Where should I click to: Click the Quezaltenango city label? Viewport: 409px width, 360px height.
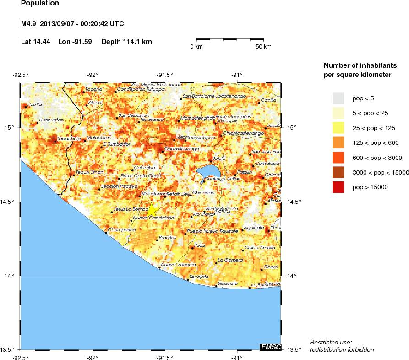coord(181,149)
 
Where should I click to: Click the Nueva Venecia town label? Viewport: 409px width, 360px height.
coord(178,265)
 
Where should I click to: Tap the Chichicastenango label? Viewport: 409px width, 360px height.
coord(243,133)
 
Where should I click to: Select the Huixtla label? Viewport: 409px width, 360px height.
coord(35,104)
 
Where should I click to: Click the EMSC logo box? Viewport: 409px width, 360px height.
coord(270,347)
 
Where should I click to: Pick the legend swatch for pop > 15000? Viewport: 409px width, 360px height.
coord(338,187)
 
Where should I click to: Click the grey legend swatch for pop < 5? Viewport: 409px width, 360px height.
coord(338,98)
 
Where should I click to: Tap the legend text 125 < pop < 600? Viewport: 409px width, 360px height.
coord(375,142)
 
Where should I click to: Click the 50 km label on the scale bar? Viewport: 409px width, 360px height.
coord(263,47)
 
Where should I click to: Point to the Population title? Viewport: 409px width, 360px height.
coord(40,4)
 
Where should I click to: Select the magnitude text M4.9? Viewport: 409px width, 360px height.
coord(28,24)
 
